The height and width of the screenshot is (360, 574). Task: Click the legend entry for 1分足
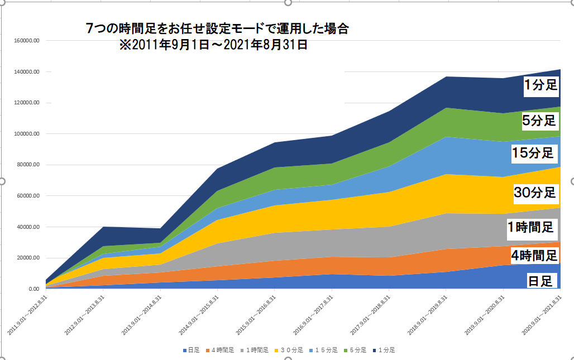click(x=386, y=351)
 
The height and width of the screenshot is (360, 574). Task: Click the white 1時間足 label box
click(x=530, y=227)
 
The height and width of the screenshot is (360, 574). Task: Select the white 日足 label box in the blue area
click(x=540, y=280)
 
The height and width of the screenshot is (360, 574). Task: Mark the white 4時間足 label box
click(x=534, y=256)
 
